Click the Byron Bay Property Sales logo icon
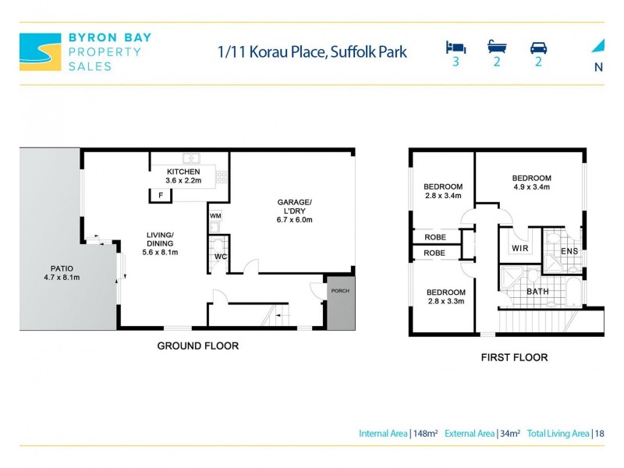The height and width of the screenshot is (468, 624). coord(40,51)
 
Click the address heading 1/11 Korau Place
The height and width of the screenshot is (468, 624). coord(312,52)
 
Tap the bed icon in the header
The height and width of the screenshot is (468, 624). coord(455,47)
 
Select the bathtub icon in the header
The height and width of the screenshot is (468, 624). coord(497,47)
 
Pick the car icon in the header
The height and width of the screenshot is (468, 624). coord(538,47)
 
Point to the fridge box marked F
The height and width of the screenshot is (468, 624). coord(161,196)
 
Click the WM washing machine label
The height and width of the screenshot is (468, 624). coord(216,215)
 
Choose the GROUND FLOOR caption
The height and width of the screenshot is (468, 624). coord(198,346)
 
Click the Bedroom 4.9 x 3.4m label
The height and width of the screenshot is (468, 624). coord(531,183)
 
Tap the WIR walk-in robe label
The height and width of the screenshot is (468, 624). coord(520,249)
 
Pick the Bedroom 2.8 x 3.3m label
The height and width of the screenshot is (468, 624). coord(445,297)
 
